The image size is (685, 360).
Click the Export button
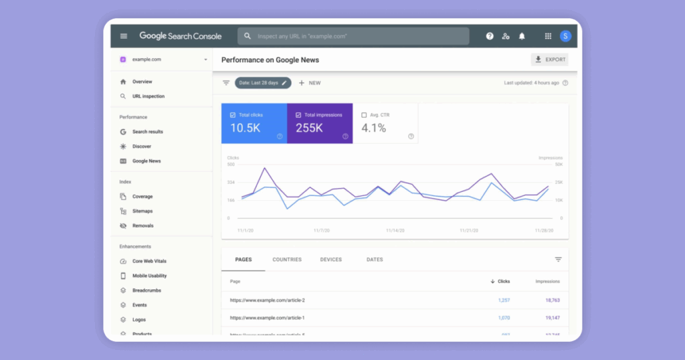coord(549,60)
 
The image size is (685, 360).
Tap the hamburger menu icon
coord(124,36)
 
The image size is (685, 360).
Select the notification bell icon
coord(522,36)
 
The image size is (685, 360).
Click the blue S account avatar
coord(566,36)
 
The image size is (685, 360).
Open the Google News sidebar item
coord(146,161)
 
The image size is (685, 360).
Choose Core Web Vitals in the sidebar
coord(149,261)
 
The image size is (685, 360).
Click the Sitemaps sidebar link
coord(142,211)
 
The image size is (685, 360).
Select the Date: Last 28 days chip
coord(262,83)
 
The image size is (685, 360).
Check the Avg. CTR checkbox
coord(365,115)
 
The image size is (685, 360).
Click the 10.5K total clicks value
coord(246,128)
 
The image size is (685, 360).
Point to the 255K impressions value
coord(310,128)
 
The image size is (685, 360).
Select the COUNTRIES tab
coord(287,260)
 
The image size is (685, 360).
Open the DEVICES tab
coord(330,260)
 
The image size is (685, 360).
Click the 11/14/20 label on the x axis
coord(395,230)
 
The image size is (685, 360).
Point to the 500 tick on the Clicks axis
coord(231,164)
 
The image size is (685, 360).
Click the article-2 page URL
coord(267,300)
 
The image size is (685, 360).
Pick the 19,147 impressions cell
coord(547,318)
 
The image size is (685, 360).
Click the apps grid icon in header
coord(548,36)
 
